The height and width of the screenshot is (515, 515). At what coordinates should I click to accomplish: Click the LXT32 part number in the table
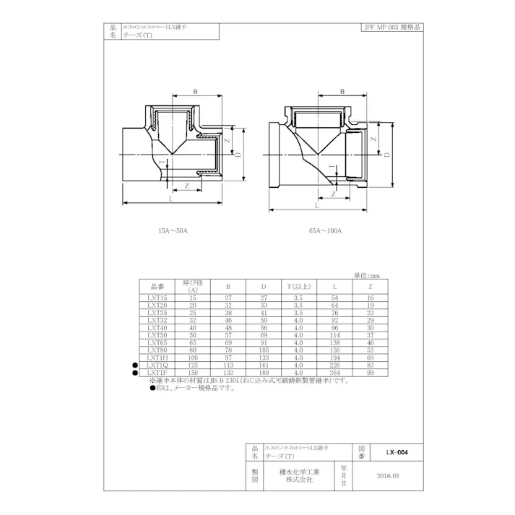(157, 320)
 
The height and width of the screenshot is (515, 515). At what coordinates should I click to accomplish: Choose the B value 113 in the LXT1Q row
(228, 365)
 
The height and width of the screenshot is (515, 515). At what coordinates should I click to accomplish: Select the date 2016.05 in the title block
(388, 476)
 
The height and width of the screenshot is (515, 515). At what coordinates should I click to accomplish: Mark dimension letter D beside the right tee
(386, 155)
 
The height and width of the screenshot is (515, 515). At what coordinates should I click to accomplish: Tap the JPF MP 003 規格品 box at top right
(390, 27)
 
